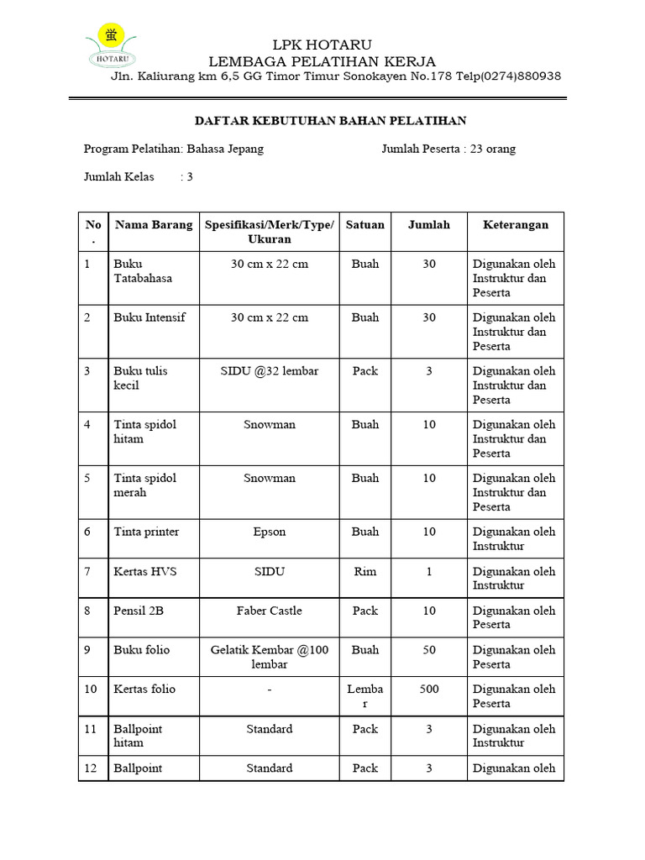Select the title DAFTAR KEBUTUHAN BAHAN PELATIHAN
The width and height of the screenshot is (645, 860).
point(325,121)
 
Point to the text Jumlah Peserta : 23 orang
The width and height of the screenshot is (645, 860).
point(448,149)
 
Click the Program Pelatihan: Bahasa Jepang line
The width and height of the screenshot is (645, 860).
point(174,149)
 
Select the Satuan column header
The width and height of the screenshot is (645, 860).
point(365,224)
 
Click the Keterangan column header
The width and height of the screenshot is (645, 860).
point(515,224)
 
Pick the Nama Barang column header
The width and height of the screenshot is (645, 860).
point(154,224)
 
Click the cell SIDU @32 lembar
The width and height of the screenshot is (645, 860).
point(270,370)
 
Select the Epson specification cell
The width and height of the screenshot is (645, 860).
point(270,532)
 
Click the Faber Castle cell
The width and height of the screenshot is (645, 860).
point(270,611)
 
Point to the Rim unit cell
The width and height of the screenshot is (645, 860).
point(365,571)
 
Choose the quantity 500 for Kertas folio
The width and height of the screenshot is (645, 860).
point(429,689)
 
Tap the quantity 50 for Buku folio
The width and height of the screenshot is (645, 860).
point(429,650)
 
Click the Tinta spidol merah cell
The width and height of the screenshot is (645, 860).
point(145,485)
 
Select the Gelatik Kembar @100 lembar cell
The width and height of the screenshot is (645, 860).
point(270,657)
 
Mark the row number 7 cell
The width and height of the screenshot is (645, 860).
point(87,571)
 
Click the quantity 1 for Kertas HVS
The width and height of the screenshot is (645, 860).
point(429,571)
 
